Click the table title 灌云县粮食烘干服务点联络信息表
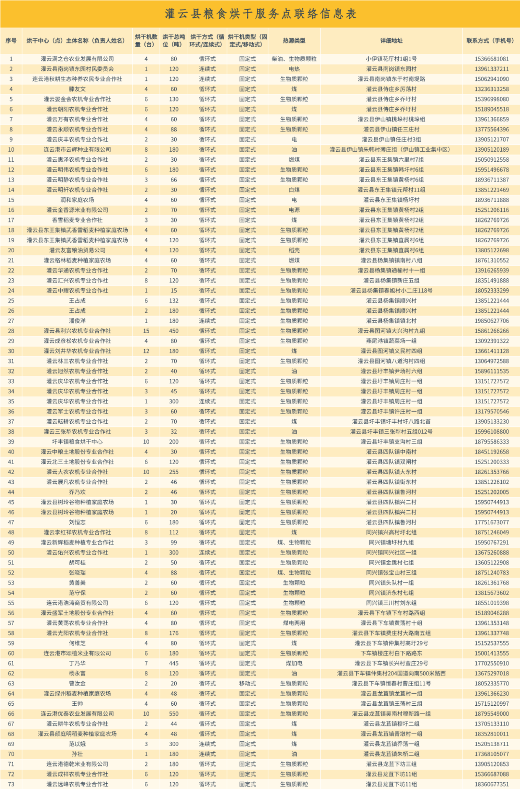pyautogui.click(x=260, y=13)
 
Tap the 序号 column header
pyautogui.click(x=11, y=41)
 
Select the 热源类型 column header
pyautogui.click(x=294, y=41)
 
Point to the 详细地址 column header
pyautogui.click(x=391, y=41)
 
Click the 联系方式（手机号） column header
pyautogui.click(x=490, y=41)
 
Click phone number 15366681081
pyautogui.click(x=492, y=59)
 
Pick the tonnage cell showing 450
pyautogui.click(x=174, y=331)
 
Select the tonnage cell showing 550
pyautogui.click(x=174, y=714)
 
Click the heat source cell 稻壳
pyautogui.click(x=294, y=250)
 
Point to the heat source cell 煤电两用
pyautogui.click(x=294, y=623)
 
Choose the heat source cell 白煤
pyautogui.click(x=294, y=190)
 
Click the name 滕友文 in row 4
pyautogui.click(x=77, y=89)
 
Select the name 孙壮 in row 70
pyautogui.click(x=77, y=754)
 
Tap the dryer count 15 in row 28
pyautogui.click(x=146, y=331)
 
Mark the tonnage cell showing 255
pyautogui.click(x=174, y=472)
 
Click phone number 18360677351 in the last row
pyautogui.click(x=492, y=784)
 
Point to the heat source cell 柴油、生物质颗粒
pyautogui.click(x=294, y=59)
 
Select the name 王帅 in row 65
pyautogui.click(x=77, y=704)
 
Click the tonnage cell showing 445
pyautogui.click(x=174, y=663)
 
